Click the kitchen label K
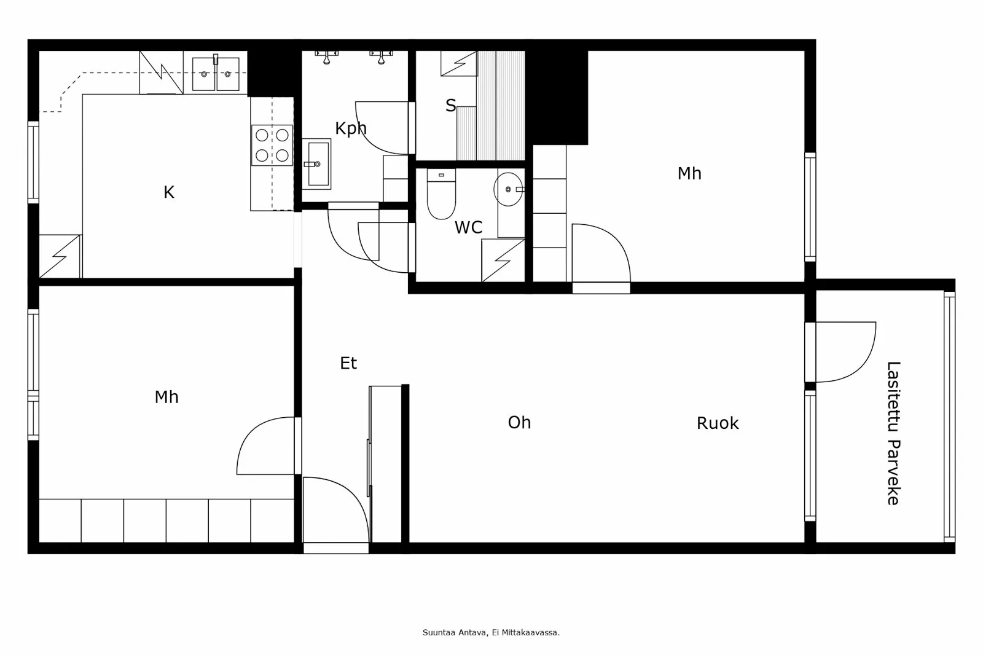(169, 192)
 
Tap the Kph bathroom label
(350, 128)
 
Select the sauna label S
(450, 106)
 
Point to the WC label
(468, 228)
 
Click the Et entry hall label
(348, 363)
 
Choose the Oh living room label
(519, 422)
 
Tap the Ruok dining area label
(717, 423)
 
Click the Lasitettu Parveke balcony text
(893, 433)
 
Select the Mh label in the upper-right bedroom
(689, 173)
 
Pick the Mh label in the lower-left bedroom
(166, 397)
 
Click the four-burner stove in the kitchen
(272, 145)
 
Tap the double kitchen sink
(216, 74)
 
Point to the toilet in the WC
(441, 195)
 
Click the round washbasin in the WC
(509, 189)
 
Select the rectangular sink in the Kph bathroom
(317, 163)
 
